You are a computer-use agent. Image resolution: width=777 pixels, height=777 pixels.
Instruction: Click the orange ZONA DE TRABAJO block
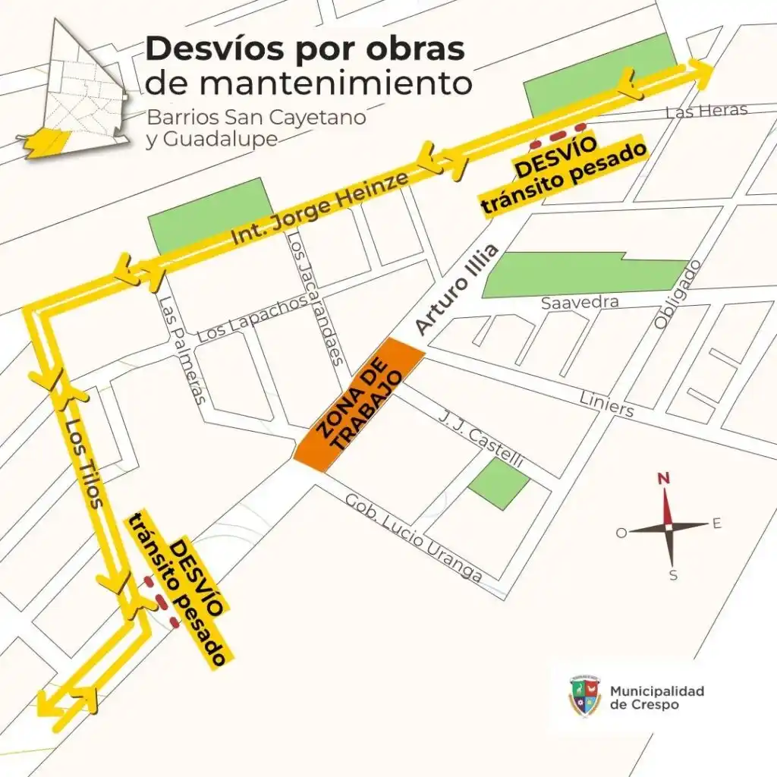click(x=358, y=405)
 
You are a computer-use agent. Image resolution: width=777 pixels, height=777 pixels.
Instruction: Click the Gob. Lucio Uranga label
click(x=414, y=537)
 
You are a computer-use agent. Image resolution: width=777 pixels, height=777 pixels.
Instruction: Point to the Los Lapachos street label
click(x=252, y=319)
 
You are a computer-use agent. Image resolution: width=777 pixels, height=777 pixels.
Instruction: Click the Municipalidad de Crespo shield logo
click(x=585, y=696)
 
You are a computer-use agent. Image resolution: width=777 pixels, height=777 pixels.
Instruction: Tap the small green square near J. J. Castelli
click(x=499, y=483)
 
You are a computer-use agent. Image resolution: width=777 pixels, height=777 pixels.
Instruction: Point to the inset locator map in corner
click(x=74, y=91)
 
